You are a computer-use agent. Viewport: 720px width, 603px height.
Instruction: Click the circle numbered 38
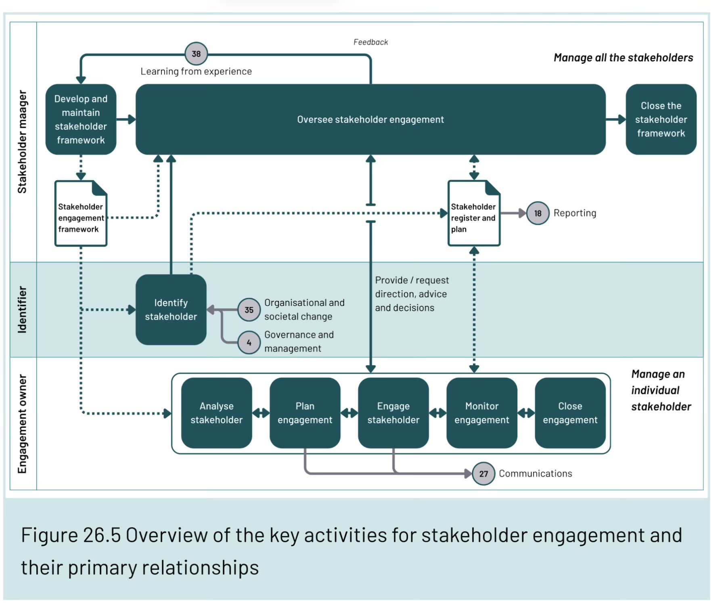(196, 54)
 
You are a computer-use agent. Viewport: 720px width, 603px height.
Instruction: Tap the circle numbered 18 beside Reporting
(538, 213)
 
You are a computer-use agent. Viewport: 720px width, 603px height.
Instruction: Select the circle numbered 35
(249, 310)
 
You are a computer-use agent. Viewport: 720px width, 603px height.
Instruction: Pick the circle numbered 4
(249, 343)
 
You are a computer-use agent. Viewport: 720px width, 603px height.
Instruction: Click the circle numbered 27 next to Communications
(483, 473)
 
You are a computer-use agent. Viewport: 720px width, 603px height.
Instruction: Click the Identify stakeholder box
(171, 310)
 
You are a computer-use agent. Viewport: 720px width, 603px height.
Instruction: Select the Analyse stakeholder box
(217, 413)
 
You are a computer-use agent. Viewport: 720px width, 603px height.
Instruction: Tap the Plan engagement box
(305, 413)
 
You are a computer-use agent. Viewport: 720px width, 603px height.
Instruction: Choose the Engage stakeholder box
(393, 413)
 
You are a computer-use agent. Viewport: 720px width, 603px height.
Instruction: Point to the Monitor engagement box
(482, 413)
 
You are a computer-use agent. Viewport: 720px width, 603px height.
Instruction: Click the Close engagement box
(570, 413)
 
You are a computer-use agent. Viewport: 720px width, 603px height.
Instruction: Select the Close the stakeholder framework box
(661, 119)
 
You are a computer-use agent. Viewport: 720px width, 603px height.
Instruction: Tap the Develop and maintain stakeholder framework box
(81, 119)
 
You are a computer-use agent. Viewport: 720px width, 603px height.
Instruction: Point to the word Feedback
(370, 42)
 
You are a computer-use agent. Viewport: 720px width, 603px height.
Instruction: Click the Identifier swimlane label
(23, 310)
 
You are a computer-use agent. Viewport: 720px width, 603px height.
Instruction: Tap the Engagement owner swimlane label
(23, 424)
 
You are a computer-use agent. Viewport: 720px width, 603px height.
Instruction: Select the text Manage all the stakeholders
(623, 58)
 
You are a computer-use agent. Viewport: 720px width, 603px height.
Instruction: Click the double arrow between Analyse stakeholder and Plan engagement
(261, 413)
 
